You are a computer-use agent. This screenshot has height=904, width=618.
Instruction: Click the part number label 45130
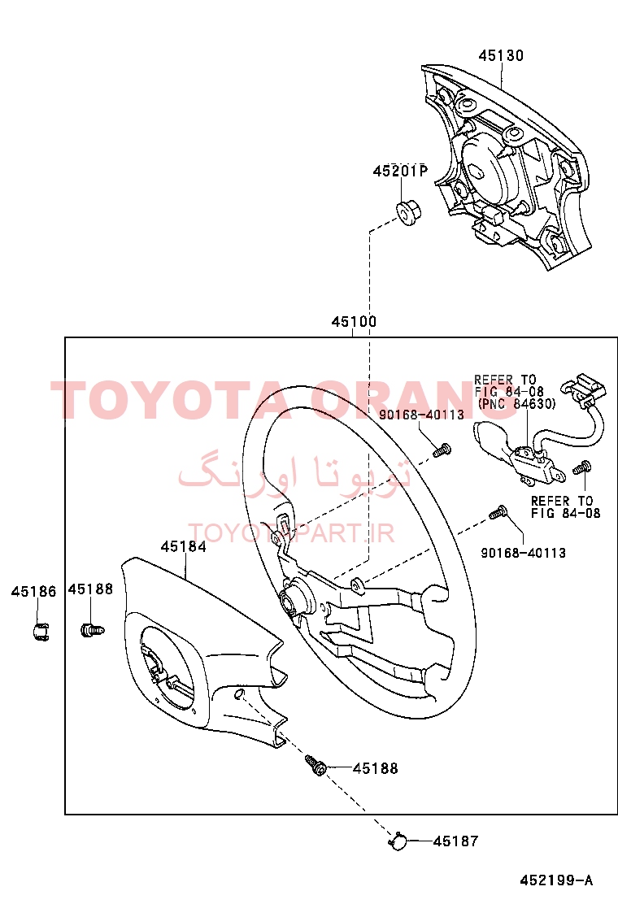point(501,55)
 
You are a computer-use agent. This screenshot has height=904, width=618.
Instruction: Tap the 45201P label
point(400,172)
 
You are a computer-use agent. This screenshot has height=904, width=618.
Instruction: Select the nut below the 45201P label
point(409,212)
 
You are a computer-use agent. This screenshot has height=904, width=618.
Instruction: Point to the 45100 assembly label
point(354,321)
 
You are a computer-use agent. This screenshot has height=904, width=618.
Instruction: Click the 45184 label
point(183,546)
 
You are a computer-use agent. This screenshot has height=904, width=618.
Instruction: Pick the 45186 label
point(34,592)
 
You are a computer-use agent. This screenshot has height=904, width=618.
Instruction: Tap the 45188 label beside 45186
point(90,589)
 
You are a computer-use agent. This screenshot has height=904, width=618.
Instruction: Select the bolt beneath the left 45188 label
point(92,630)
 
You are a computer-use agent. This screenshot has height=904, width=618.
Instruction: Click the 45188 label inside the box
point(376,768)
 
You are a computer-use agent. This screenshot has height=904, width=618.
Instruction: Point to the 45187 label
point(455,841)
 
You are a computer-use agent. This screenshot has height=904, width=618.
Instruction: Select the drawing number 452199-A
point(556,880)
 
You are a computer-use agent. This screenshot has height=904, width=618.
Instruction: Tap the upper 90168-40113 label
point(421,415)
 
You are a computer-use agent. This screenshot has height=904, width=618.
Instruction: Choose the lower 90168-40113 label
point(524,553)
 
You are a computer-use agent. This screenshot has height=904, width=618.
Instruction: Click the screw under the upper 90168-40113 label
point(442,450)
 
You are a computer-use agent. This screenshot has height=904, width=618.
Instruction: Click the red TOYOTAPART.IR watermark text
point(291,533)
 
